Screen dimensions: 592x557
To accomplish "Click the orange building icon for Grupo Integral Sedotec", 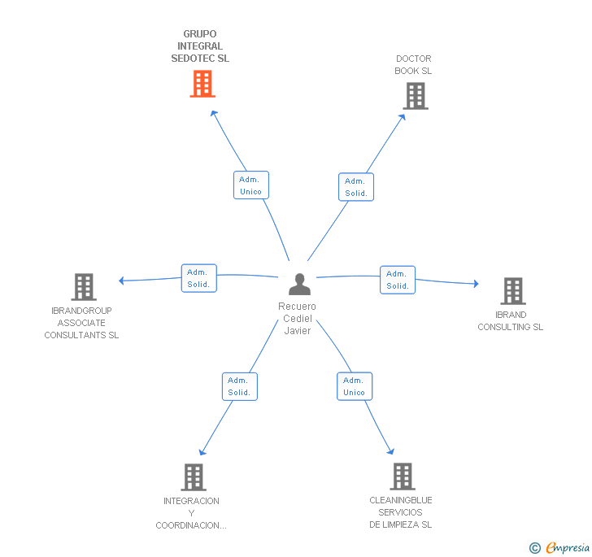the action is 202,84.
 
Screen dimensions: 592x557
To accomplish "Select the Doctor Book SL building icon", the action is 416,96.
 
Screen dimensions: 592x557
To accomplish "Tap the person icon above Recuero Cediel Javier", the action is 300,284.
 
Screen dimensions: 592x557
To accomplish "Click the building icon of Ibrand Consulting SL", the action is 513,291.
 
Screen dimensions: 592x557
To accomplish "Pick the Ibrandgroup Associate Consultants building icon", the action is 84,287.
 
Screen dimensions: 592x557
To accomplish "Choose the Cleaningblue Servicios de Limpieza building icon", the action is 403,476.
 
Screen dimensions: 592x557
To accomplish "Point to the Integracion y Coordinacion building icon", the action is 194,477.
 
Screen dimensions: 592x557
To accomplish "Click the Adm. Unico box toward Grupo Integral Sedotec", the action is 251,185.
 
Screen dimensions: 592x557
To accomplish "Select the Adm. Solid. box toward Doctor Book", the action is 356,187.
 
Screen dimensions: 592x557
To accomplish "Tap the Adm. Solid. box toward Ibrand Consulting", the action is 398,280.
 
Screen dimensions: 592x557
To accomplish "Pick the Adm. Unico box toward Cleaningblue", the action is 355,386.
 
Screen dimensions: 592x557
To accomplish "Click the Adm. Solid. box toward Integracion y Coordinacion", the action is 240,387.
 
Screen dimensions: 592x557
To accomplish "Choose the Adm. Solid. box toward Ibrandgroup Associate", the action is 199,278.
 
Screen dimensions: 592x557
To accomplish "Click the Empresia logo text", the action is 568,548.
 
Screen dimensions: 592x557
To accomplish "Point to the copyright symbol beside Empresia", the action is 535,548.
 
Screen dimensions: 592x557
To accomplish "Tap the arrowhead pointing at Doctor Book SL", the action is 403,117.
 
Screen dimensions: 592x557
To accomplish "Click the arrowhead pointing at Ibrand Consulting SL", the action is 476,284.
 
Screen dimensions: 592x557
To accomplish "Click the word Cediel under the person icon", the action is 298,318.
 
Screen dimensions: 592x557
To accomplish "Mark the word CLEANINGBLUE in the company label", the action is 401,500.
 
